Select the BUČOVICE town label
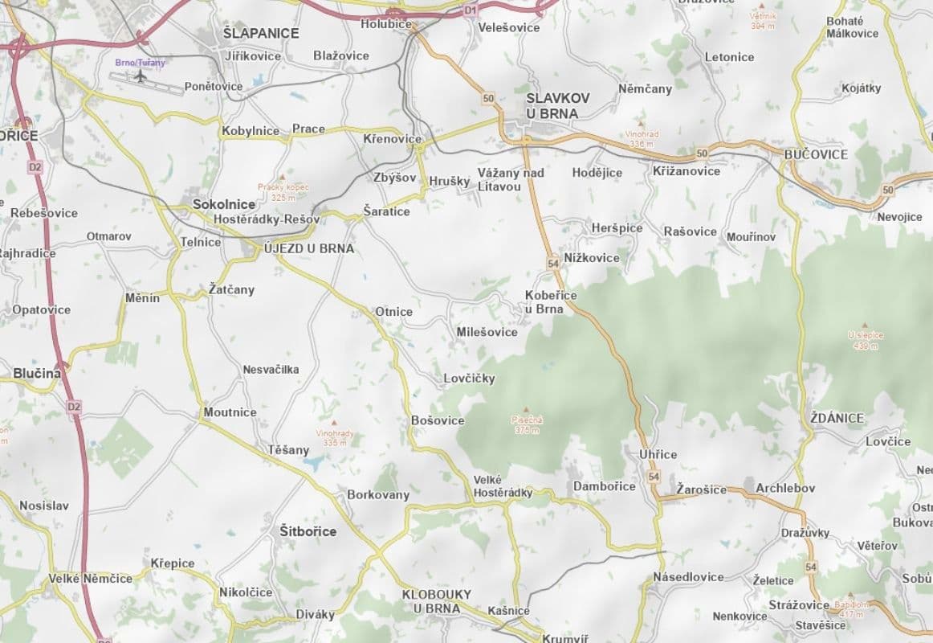(816, 154)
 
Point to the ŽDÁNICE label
(837, 418)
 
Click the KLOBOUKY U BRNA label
(437, 601)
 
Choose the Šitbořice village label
(308, 531)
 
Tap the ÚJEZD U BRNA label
(309, 248)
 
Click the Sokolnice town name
(224, 204)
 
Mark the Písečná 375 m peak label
(527, 423)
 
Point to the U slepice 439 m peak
(864, 338)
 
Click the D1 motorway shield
(471, 10)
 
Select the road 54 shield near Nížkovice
(553, 263)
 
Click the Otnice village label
(393, 312)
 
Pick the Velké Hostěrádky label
(503, 486)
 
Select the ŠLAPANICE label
(261, 33)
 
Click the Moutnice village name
(230, 412)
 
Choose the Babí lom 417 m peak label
(851, 608)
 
